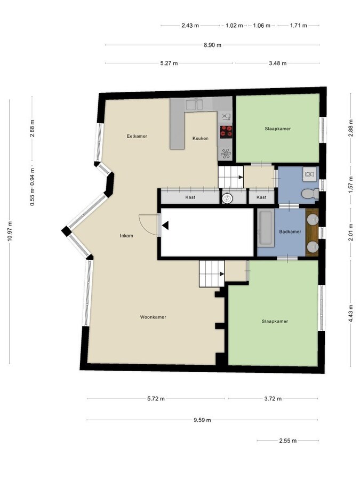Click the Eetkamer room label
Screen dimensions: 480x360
(x=137, y=136)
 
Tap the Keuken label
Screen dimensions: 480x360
(x=201, y=139)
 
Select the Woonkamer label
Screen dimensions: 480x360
(x=153, y=317)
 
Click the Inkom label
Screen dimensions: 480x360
(x=126, y=235)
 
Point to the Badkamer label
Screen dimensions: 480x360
(x=291, y=231)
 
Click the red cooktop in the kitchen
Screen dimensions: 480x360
(x=226, y=131)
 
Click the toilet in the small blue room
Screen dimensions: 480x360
(x=308, y=194)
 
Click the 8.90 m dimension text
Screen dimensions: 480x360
(x=212, y=45)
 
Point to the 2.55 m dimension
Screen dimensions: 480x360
(x=287, y=441)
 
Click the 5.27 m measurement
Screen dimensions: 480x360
(x=169, y=63)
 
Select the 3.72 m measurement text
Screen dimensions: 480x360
(x=273, y=398)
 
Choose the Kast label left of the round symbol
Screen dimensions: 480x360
(x=190, y=197)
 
